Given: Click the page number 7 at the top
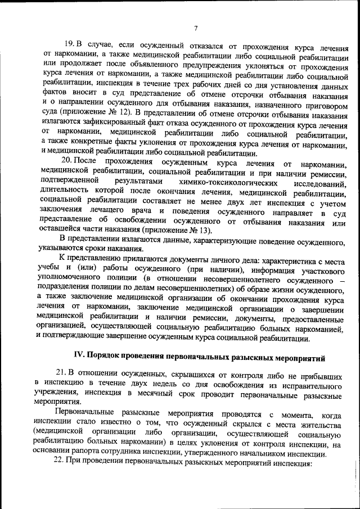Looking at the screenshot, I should [x=195, y=29].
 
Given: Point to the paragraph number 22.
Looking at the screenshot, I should [x=59, y=463].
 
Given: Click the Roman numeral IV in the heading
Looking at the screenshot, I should [x=80, y=355].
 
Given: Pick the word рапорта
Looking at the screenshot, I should [x=105, y=454].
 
